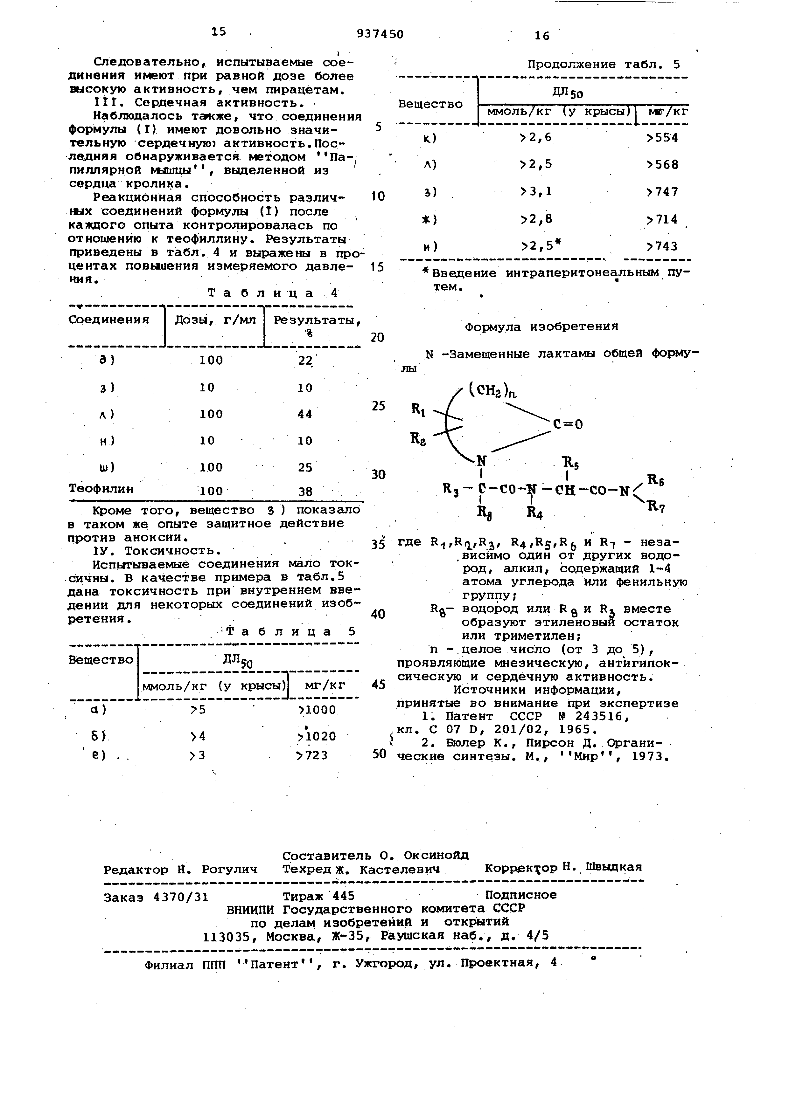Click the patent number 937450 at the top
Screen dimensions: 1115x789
[380, 34]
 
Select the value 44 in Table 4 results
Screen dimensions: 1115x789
[305, 414]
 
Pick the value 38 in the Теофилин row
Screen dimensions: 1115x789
[306, 492]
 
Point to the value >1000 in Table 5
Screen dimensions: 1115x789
[317, 710]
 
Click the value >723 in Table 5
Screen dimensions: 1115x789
[312, 756]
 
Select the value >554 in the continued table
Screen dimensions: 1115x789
[662, 138]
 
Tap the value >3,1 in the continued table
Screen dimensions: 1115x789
[536, 191]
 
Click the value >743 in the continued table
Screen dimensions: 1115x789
[662, 247]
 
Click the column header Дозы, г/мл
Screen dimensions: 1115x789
[215, 320]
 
